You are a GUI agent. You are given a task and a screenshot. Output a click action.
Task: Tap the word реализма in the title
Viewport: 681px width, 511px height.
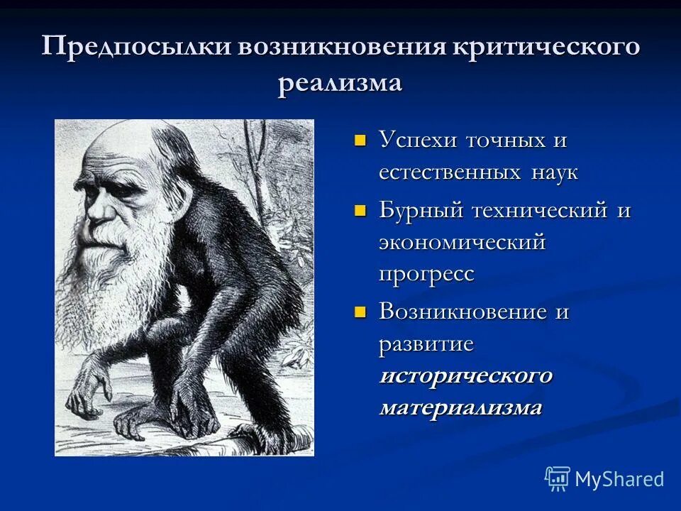[x=340, y=83]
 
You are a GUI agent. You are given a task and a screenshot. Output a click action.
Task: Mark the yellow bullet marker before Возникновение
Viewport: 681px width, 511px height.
[x=360, y=311]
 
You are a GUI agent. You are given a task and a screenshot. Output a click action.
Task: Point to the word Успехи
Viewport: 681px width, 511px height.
[x=418, y=140]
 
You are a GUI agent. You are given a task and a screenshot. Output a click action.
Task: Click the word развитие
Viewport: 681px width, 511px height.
[x=426, y=344]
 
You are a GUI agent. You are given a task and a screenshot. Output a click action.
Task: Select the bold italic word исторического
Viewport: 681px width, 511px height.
[x=465, y=375]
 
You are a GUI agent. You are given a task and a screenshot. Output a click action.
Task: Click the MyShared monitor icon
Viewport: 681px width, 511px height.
[x=558, y=478]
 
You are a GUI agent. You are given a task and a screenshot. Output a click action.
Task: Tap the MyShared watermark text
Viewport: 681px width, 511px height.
[x=619, y=479]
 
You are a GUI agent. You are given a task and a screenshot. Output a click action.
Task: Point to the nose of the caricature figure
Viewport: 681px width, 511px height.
[x=97, y=213]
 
